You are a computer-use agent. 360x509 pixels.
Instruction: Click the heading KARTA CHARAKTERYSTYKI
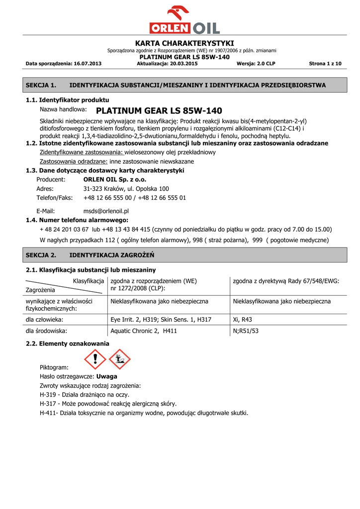184,43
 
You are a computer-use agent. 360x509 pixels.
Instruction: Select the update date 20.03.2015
184,64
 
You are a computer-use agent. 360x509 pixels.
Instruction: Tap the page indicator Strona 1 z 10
325,64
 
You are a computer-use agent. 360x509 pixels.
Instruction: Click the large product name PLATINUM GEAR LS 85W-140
159,110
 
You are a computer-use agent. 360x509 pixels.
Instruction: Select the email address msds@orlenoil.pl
106,211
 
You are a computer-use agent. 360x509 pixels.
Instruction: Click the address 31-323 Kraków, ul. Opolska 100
126,189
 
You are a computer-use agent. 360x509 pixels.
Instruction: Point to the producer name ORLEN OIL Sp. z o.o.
115,179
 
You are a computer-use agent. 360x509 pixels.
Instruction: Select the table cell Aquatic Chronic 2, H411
144,331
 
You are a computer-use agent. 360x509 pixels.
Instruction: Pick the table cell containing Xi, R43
243,320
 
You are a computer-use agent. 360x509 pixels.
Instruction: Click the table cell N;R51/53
246,331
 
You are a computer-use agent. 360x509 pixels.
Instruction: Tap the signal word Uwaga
107,376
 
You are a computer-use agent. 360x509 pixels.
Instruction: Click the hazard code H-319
48,395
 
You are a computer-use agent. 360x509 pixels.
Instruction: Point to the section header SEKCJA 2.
41,255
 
